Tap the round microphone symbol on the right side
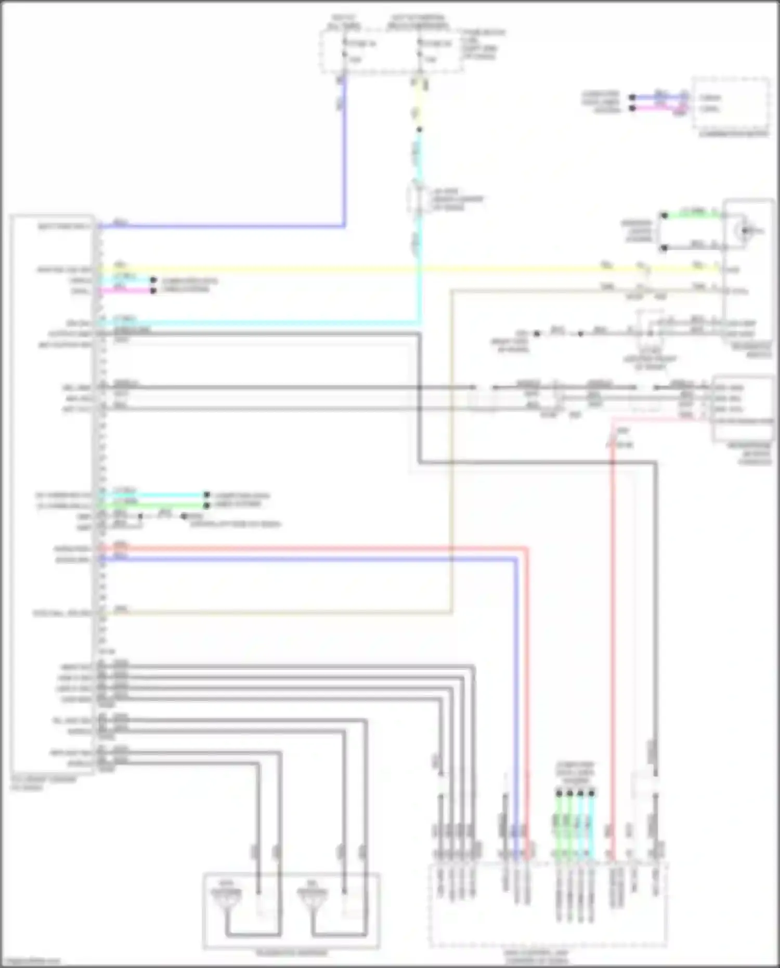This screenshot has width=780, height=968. pyautogui.click(x=746, y=230)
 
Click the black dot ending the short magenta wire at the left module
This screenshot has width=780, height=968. pyautogui.click(x=153, y=291)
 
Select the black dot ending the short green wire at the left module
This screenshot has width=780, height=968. pyautogui.click(x=206, y=505)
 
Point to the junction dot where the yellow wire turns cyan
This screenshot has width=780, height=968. pyautogui.click(x=419, y=130)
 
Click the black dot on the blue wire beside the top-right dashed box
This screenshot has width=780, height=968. pyautogui.click(x=632, y=97)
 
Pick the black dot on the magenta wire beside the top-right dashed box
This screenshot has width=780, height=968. pyautogui.click(x=632, y=108)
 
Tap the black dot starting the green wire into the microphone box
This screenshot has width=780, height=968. pyautogui.click(x=664, y=215)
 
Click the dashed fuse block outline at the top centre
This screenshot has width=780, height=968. pyautogui.click(x=391, y=51)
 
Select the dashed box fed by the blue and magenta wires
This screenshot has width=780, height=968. pyautogui.click(x=731, y=103)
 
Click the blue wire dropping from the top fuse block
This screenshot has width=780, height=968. pyautogui.click(x=343, y=156)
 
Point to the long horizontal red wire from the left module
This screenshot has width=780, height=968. pyautogui.click(x=312, y=548)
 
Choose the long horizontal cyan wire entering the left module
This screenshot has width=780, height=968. pyautogui.click(x=260, y=323)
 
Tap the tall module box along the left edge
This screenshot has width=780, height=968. pyautogui.click(x=52, y=494)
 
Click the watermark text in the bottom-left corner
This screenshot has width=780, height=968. pyautogui.click(x=31, y=961)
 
